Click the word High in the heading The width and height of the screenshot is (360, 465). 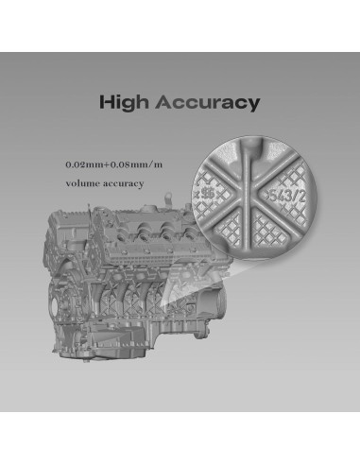point(126,102)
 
